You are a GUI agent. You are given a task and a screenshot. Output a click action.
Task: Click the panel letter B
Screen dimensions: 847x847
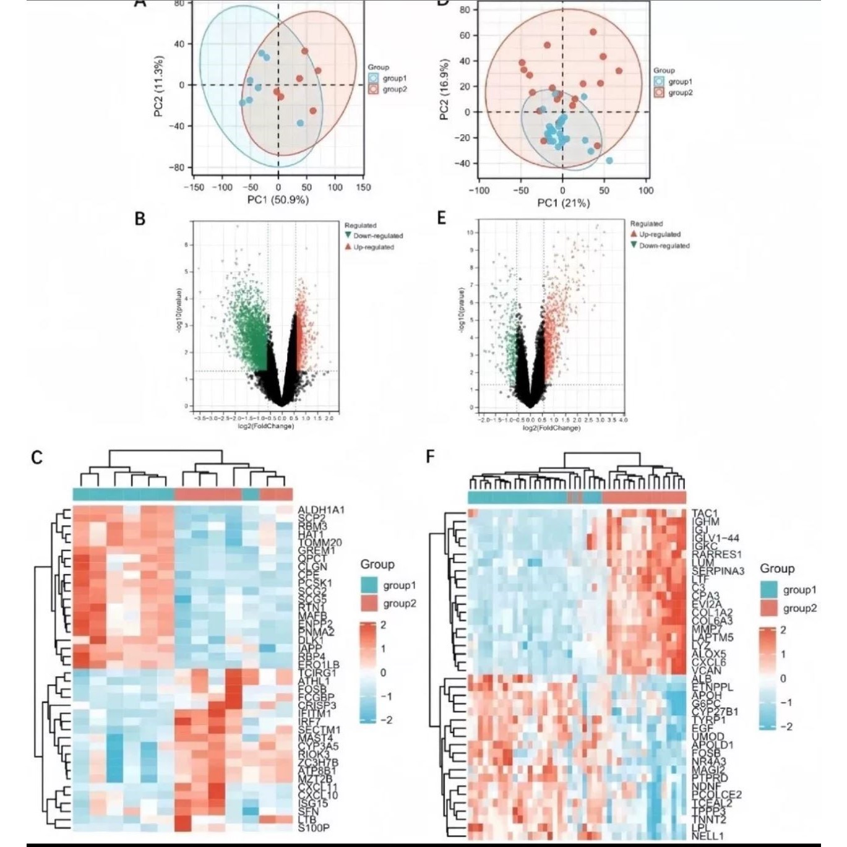click(140, 219)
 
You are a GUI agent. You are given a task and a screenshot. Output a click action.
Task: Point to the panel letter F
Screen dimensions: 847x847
click(431, 457)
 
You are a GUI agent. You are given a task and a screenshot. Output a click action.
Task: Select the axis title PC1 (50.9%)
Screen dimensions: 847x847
click(278, 200)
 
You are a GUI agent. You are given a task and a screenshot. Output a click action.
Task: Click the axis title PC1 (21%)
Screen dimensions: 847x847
click(563, 203)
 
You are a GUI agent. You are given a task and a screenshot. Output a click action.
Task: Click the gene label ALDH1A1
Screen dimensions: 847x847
click(320, 510)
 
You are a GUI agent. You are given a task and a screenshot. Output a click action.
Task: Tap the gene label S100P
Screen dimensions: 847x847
click(313, 827)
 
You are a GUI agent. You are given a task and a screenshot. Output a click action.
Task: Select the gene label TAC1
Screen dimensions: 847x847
click(705, 514)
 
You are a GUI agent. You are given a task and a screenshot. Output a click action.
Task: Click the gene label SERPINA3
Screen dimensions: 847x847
click(718, 571)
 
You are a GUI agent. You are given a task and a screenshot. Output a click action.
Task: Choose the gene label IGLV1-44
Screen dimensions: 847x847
click(715, 538)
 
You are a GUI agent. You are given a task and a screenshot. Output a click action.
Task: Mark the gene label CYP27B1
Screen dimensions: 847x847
click(715, 712)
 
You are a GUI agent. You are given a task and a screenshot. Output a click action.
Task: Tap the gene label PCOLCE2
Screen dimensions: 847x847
click(716, 794)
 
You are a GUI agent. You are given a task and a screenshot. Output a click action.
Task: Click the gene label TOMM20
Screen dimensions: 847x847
click(320, 543)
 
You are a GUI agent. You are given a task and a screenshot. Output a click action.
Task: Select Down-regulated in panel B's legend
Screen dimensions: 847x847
click(378, 236)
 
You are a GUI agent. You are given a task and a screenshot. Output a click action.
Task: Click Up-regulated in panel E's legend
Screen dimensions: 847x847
click(660, 234)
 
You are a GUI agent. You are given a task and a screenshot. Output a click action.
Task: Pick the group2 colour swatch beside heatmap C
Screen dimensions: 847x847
click(369, 603)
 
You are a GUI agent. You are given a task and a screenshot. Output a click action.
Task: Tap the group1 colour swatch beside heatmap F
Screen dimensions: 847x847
click(769, 590)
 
